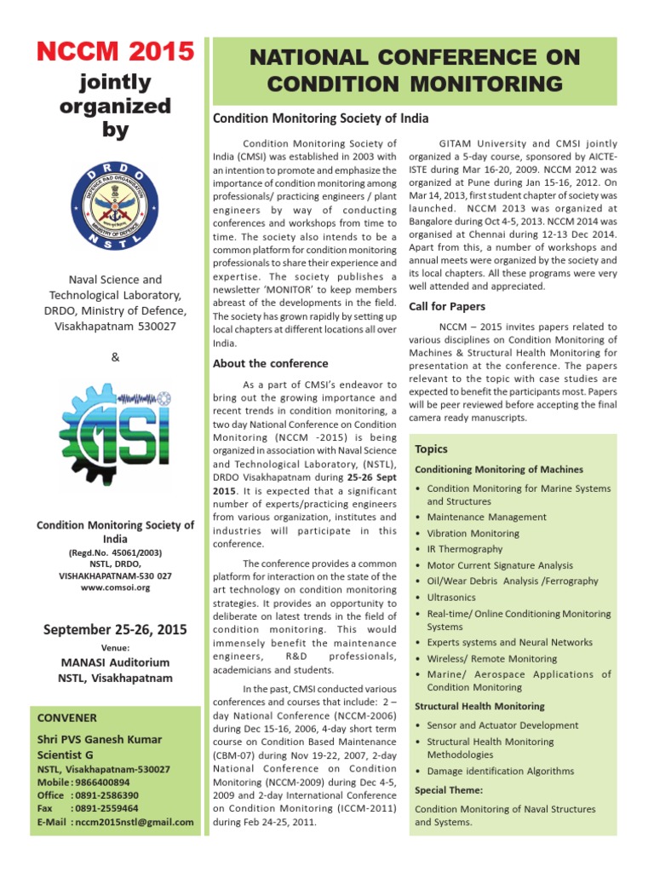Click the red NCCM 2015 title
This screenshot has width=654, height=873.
coord(115,53)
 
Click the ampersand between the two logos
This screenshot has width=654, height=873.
coord(115,356)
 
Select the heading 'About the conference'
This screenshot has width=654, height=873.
coord(270,363)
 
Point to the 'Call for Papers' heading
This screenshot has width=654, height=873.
coord(447,306)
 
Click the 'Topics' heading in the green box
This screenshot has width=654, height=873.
coord(431,449)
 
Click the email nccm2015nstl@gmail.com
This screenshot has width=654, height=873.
coord(134,822)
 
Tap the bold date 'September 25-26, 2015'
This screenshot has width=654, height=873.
coord(115,630)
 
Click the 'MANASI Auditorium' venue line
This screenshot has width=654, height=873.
coord(115,662)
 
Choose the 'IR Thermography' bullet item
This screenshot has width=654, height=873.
coord(464,549)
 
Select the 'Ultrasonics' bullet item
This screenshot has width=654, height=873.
coord(452,598)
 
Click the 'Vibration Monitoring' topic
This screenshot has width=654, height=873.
coord(473,533)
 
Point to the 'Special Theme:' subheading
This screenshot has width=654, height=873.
coord(449,790)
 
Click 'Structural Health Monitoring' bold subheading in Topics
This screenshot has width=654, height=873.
coord(479,706)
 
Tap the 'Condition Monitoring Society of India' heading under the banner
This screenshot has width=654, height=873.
coord(320,119)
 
